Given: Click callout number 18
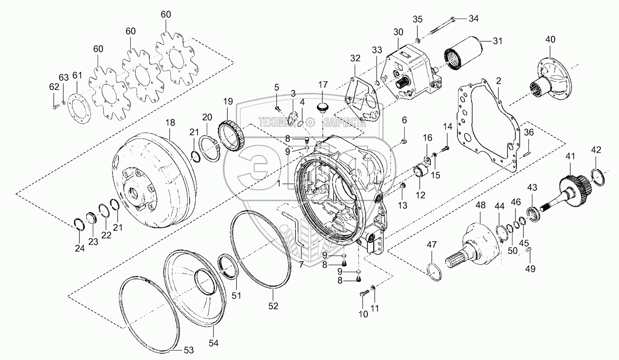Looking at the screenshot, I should click(x=170, y=123).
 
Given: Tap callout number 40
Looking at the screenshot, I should click(x=550, y=39).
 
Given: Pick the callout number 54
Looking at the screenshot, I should click(x=214, y=343).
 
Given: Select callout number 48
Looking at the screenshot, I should click(x=480, y=205).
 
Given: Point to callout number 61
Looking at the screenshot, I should click(x=77, y=75).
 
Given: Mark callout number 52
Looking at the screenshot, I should click(x=274, y=305).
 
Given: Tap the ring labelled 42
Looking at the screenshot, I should click(x=598, y=176).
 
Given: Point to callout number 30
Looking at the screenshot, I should click(x=398, y=32).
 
